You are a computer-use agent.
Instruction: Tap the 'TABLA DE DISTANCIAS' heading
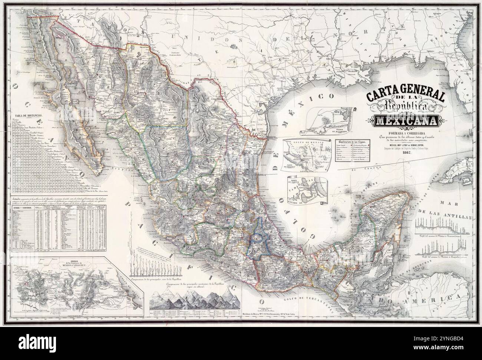pyautogui.click(x=27, y=115)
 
